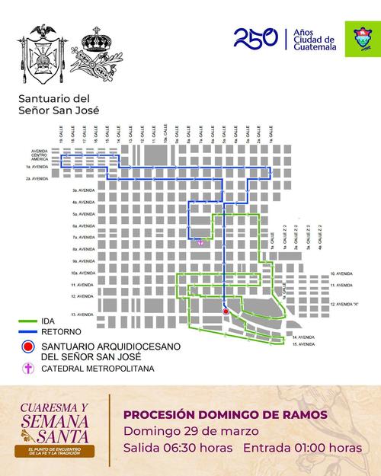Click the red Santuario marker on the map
tap(226, 311)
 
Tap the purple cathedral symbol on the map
tap(200, 242)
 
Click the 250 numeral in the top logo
tap(255, 37)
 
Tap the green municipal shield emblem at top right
tap(358, 39)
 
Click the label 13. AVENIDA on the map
tap(81, 314)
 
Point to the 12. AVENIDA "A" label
tap(345, 303)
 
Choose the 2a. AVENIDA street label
tap(37, 179)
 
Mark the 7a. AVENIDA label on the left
tap(82, 238)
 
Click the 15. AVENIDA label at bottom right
tap(303, 345)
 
